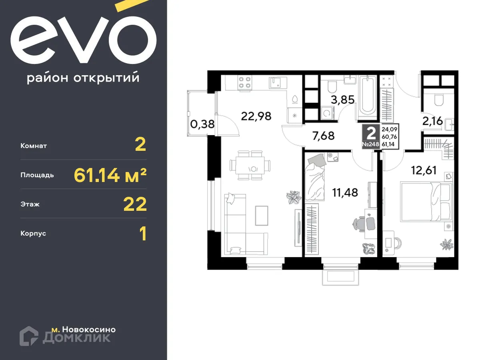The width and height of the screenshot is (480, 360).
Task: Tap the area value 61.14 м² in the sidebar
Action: (x=110, y=175)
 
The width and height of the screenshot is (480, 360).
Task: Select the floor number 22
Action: (x=135, y=204)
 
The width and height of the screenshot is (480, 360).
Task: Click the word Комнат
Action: (x=34, y=146)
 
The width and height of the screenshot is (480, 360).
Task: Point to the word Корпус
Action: (x=33, y=233)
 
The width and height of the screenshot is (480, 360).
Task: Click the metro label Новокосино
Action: (x=84, y=330)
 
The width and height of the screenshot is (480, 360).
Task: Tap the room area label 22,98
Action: (x=256, y=116)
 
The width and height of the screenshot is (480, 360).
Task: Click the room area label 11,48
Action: (x=345, y=192)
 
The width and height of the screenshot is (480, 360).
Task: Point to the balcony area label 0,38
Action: (x=202, y=124)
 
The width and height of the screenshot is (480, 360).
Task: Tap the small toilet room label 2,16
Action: (x=432, y=121)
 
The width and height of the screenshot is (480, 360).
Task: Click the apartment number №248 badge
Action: (x=370, y=137)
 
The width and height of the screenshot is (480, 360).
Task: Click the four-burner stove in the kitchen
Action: (x=244, y=82)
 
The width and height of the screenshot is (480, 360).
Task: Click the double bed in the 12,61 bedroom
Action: (x=425, y=202)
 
